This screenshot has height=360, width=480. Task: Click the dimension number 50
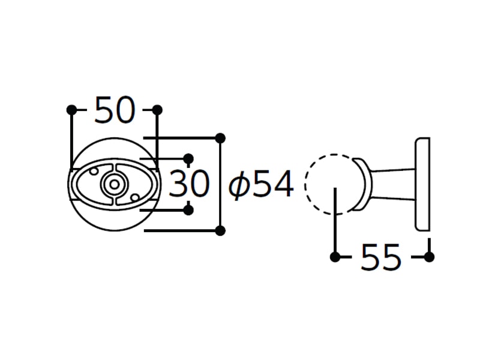point(115,110)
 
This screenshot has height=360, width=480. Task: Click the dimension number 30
point(189,184)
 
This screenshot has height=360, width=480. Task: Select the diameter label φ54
point(261,185)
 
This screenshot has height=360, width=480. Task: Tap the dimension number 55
point(381,257)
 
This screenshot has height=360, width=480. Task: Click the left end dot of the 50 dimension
point(71,110)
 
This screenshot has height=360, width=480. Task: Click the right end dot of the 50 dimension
point(157,110)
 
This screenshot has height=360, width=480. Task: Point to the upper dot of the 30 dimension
point(188,158)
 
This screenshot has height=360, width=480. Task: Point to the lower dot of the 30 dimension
point(188,211)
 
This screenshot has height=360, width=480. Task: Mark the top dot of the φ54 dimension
point(220,139)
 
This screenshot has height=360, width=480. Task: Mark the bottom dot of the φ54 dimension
point(220,230)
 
